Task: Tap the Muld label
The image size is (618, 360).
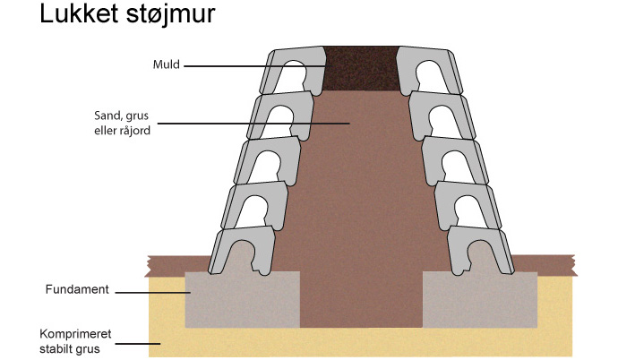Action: [166, 64]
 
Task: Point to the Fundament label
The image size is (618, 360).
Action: [77, 290]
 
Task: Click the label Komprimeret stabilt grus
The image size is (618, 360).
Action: [77, 341]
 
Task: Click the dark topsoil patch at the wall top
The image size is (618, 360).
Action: [361, 68]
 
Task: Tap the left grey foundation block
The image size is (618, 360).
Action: [242, 299]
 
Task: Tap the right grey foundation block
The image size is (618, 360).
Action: [479, 299]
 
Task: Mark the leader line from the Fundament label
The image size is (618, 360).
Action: [152, 292]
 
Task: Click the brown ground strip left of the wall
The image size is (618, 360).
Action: [175, 264]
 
